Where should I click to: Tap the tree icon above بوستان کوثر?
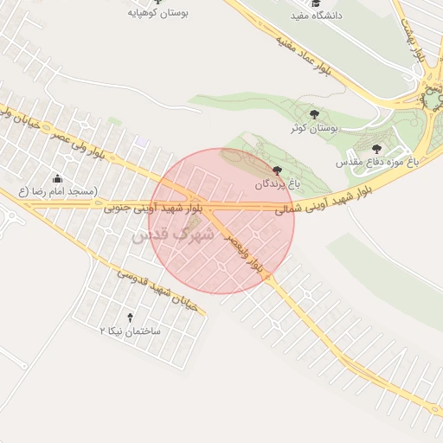[x=314, y=114]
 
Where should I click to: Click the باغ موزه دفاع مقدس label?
[x=377, y=162]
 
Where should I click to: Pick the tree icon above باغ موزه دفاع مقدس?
[x=376, y=148]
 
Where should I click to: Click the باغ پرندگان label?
[x=275, y=184]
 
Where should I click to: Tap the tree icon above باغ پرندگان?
[x=276, y=170]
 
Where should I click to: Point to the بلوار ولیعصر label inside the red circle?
[x=245, y=253]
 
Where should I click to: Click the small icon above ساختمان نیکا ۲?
[x=131, y=318]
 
